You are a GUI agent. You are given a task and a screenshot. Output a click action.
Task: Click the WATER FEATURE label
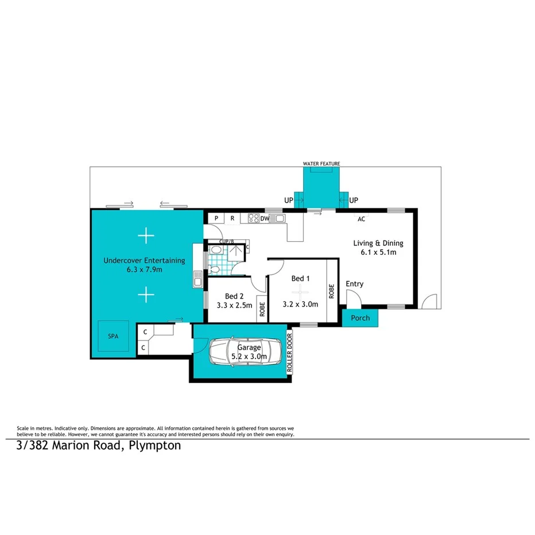pos(321,164)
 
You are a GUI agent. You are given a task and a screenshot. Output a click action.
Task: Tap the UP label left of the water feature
pos(289,200)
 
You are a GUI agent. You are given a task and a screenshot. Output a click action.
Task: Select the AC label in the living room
pos(361,219)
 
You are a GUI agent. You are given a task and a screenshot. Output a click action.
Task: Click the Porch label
pos(360,318)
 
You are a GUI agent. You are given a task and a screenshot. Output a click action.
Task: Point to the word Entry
pos(354,284)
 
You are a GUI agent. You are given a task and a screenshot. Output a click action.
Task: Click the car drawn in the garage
pos(245,351)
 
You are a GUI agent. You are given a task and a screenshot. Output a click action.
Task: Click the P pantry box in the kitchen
pos(216,218)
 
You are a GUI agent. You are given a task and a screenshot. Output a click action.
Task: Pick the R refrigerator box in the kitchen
pos(232,218)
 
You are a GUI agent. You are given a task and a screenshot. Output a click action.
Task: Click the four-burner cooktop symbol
pos(253,218)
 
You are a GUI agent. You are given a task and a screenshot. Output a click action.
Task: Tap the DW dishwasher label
pos(265,219)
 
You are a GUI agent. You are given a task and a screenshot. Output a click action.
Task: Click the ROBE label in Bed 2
pos(262,310)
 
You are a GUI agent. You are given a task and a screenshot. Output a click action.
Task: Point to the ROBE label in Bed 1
pos(332,290)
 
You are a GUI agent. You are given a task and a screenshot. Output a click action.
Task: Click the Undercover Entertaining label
pos(144,260)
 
